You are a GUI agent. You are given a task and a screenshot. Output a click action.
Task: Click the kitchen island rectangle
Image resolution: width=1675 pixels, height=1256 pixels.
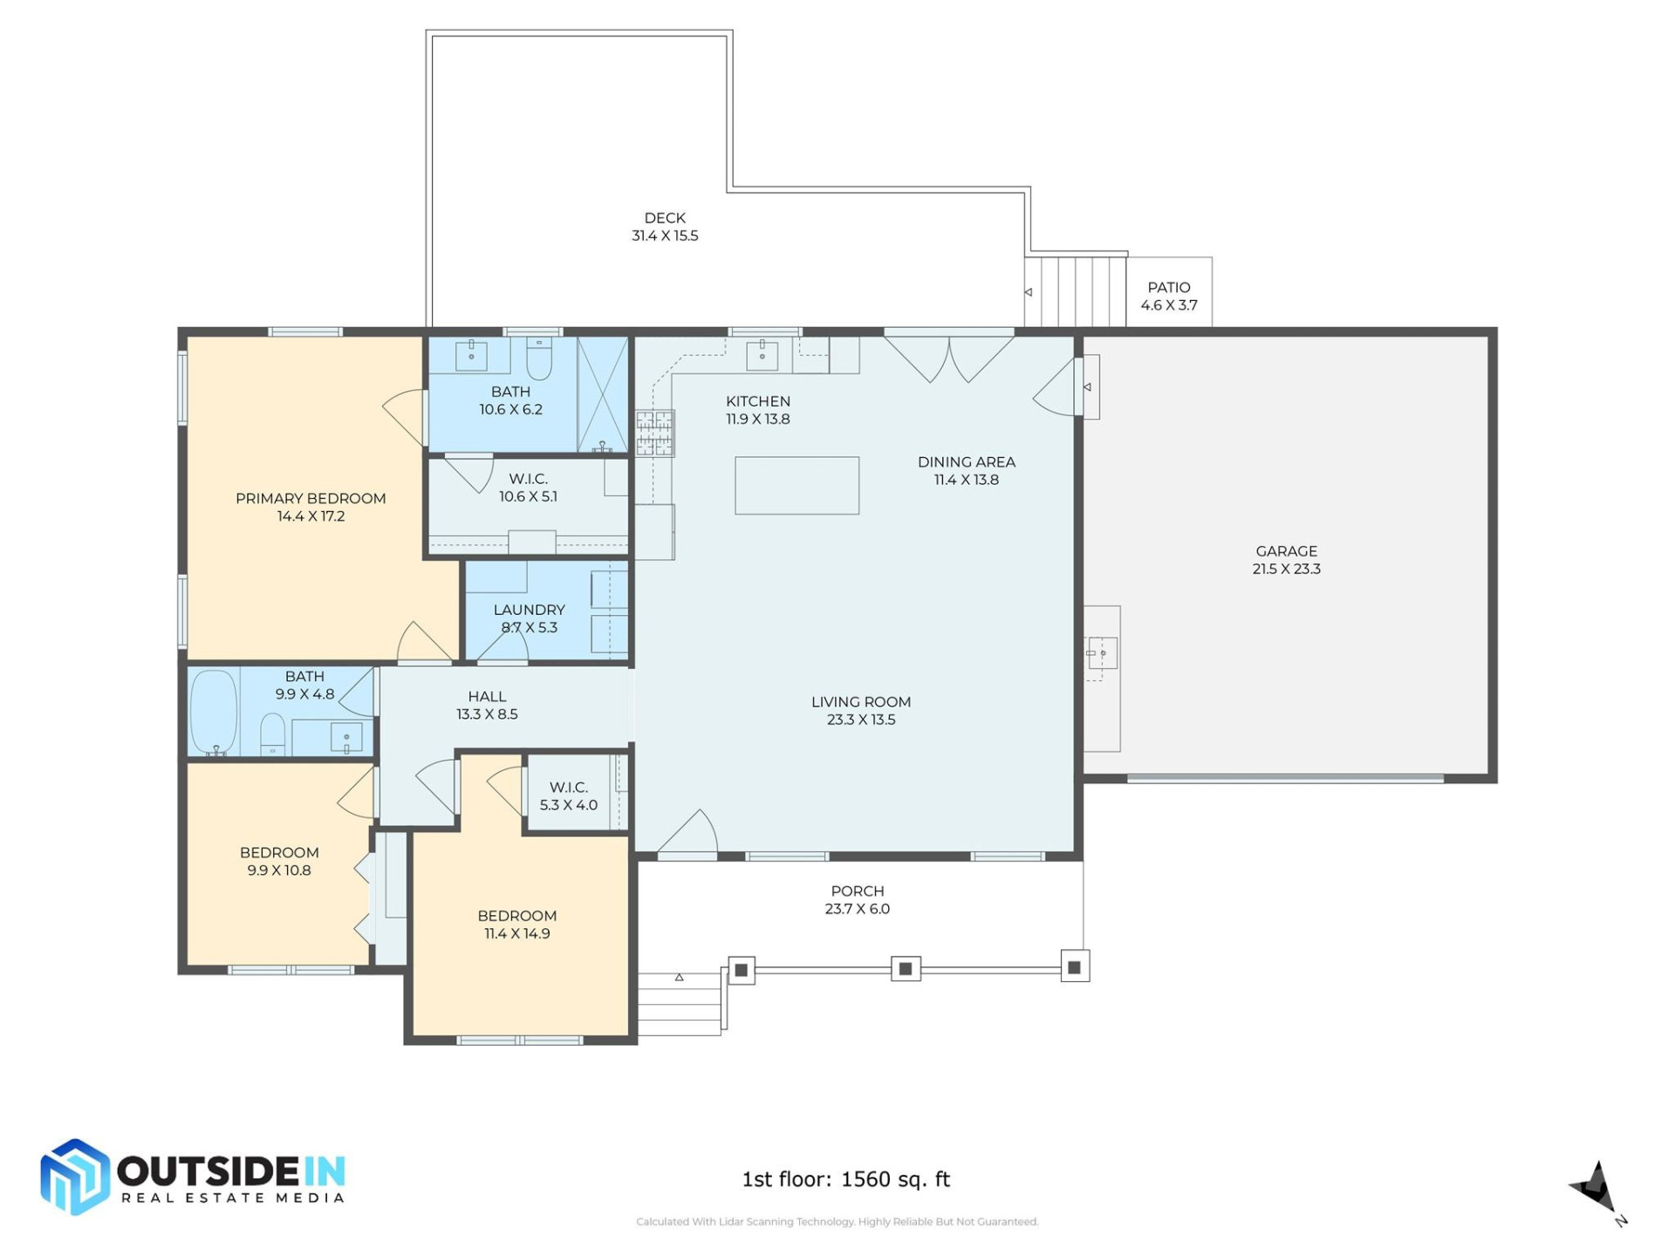pos(796,485)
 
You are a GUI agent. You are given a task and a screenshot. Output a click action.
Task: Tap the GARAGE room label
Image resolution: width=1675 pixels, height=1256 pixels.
pos(1286,551)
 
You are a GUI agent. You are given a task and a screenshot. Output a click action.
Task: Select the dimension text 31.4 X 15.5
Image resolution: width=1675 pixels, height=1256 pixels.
pos(665,235)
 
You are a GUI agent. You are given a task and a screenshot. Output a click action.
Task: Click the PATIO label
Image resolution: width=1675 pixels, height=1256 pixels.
pos(1168,287)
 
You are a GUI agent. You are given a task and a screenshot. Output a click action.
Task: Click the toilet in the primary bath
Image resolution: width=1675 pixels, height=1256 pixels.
pos(538,359)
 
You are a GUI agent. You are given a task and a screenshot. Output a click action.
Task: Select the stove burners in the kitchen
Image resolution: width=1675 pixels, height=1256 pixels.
pos(654,433)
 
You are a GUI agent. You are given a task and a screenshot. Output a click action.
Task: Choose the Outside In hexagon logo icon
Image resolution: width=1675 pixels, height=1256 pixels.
pos(75,1177)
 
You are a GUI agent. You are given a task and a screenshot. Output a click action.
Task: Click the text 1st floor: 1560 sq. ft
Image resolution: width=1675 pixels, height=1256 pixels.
pos(845,1179)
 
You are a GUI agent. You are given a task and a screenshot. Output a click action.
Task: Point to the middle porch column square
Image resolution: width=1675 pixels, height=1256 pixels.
pos(905,968)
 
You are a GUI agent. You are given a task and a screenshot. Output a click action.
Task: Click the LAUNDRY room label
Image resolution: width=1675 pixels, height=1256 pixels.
pos(529,610)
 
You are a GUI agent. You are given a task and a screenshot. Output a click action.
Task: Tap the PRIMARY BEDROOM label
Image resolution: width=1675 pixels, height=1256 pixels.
pos(311,498)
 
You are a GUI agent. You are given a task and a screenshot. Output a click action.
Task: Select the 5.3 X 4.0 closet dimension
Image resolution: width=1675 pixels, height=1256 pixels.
pos(568,805)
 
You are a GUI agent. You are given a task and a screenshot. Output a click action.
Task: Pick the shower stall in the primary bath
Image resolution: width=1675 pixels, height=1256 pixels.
pos(603,394)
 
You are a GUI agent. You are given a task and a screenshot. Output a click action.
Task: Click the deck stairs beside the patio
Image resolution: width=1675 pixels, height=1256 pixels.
pos(1075,291)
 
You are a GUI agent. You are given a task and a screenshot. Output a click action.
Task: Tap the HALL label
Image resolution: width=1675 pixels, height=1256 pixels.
pos(487,696)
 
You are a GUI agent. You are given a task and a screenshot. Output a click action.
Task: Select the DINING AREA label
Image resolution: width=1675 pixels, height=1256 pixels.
pos(966,461)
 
